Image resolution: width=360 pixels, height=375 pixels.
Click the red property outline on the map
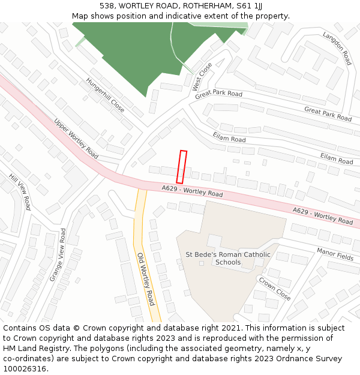(181, 167)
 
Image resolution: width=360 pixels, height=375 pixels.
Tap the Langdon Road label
(337, 47)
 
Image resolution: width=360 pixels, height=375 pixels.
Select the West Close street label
(202, 77)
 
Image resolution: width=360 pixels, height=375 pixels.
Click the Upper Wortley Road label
(76, 137)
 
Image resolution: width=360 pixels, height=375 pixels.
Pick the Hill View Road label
(20, 192)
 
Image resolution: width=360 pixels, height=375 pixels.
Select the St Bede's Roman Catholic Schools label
(228, 259)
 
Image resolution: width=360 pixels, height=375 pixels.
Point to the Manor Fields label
(335, 254)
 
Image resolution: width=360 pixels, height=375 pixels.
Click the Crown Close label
(274, 288)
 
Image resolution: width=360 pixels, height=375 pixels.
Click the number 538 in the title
(107, 5)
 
